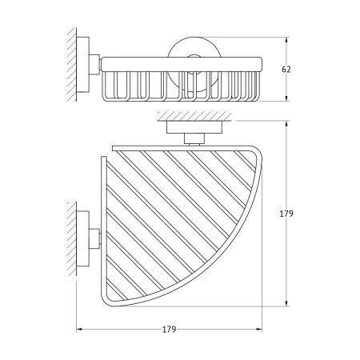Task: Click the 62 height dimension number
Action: point(286,70)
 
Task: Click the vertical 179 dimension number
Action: point(286,214)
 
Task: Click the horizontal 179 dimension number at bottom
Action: point(170,330)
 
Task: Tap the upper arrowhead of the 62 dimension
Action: point(286,40)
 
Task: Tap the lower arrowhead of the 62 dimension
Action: point(286,98)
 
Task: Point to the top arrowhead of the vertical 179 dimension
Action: point(286,124)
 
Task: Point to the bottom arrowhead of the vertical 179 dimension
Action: point(286,303)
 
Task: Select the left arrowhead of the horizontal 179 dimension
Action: point(80,330)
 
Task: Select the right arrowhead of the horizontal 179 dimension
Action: point(258,330)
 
